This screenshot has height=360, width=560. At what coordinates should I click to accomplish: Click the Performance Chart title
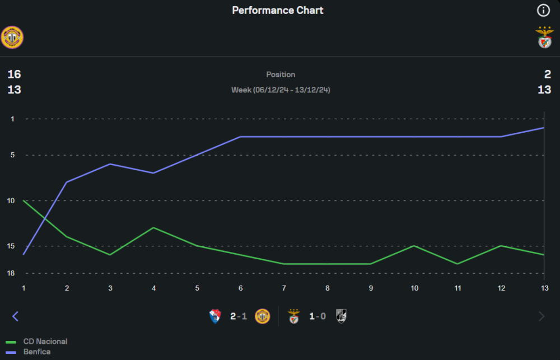[x=278, y=11]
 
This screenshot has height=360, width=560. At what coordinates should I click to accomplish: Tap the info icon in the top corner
[x=543, y=11]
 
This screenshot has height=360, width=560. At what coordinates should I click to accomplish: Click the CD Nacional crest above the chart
[x=12, y=38]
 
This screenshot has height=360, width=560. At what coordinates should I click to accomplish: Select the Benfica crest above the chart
[x=544, y=38]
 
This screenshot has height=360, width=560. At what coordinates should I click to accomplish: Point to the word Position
[x=281, y=74]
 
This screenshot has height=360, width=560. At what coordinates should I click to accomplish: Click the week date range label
[x=281, y=90]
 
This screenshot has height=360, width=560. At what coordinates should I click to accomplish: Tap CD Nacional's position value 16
[x=14, y=74]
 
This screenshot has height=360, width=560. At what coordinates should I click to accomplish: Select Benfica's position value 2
[x=547, y=74]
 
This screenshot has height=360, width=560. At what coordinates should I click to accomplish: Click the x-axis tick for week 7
[x=284, y=288]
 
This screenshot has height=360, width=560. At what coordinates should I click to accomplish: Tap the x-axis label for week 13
[x=544, y=288]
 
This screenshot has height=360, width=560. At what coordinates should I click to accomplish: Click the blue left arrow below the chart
[x=15, y=316]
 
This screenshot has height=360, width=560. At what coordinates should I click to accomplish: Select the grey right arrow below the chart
[x=542, y=316]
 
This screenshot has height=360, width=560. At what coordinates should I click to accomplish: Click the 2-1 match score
[x=239, y=316]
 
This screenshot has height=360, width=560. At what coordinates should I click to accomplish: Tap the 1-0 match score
[x=318, y=316]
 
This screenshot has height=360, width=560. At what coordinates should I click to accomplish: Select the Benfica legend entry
[x=37, y=352]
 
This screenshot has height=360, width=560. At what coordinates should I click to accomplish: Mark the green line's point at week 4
[x=153, y=228]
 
